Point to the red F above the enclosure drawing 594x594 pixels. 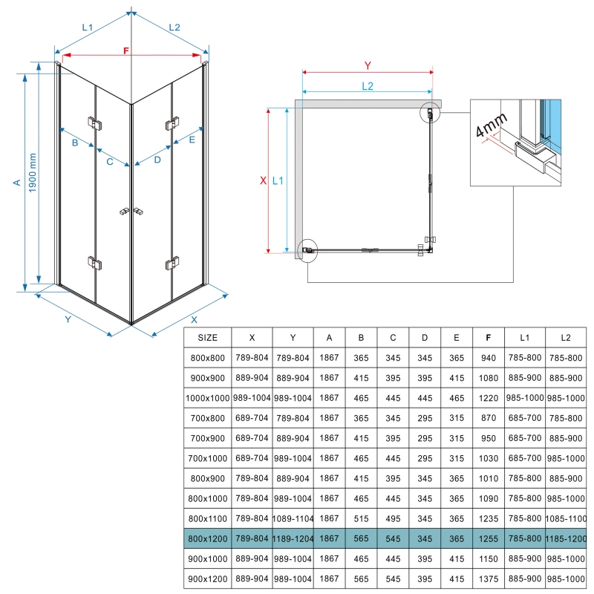click(x=126, y=51)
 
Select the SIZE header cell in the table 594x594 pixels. click(x=208, y=337)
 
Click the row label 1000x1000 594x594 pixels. click(x=208, y=398)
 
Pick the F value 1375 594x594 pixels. click(x=487, y=576)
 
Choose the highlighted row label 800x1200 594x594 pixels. click(x=208, y=536)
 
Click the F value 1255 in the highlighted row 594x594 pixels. click(x=487, y=536)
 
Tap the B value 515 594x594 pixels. click(x=361, y=516)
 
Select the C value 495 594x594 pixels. click(x=393, y=516)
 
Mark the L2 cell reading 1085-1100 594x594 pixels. click(x=566, y=516)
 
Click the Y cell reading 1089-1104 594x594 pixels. click(x=292, y=516)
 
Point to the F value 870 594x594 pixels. click(x=487, y=418)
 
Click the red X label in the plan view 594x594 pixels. click(x=263, y=180)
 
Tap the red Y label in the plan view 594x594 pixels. click(x=367, y=65)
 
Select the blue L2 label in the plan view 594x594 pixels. click(x=367, y=85)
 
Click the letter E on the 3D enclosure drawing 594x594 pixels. click(x=192, y=139)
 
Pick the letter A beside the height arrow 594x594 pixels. click(x=16, y=182)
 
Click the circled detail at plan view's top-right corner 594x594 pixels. click(x=430, y=114)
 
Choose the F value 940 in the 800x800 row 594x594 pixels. click(x=487, y=358)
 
